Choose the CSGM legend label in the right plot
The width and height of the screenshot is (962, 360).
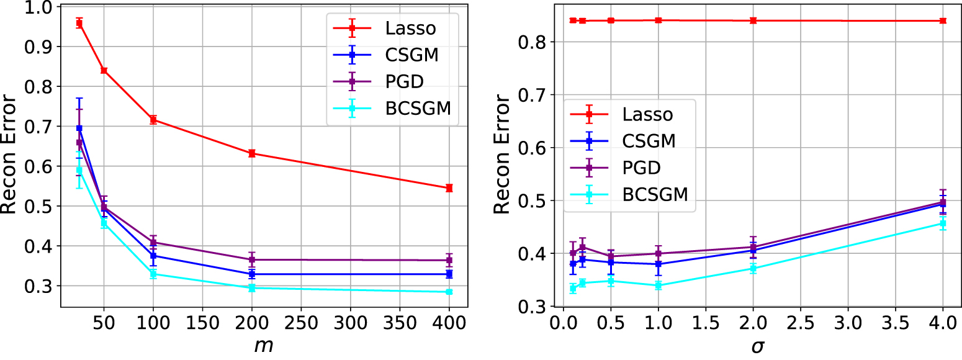tap(649, 141)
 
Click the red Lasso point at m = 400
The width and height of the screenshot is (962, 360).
tap(449, 187)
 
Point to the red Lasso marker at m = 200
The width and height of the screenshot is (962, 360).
tap(252, 153)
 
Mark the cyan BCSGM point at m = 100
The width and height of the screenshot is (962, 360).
tap(153, 274)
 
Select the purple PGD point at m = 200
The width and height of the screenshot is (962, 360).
tap(252, 259)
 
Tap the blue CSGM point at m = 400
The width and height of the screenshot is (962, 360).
tap(449, 274)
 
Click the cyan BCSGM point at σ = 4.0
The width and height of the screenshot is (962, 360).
tap(943, 223)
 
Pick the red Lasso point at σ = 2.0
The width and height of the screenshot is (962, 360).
tap(753, 20)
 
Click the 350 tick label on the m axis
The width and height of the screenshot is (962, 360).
tap(400, 323)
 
